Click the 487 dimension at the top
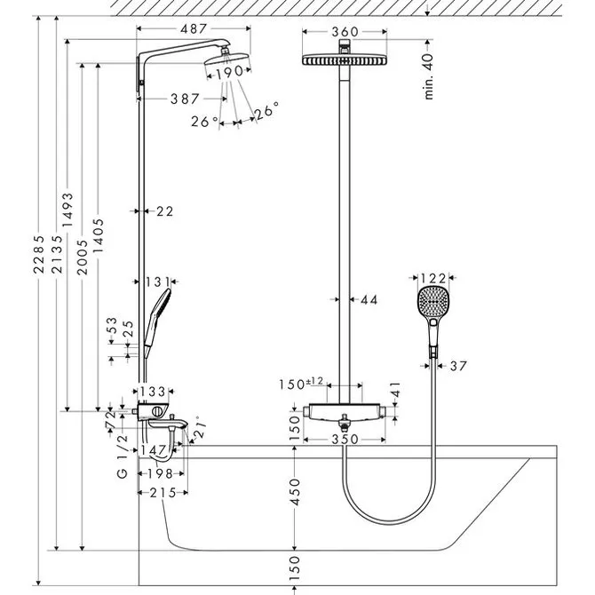[194, 28]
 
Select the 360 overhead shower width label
[345, 32]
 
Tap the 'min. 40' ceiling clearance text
[428, 76]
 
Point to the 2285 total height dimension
[39, 254]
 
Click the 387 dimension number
[185, 99]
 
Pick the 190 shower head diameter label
[230, 72]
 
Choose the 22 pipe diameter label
[165, 211]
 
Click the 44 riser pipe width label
[369, 300]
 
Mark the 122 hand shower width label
[433, 279]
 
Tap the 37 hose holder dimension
[458, 366]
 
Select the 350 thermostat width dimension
[345, 440]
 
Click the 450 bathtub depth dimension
[295, 492]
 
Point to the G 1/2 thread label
[123, 456]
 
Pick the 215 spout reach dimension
[163, 493]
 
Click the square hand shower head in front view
[433, 304]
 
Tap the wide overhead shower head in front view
[345, 60]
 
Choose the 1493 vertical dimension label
[67, 210]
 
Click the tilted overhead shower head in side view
[226, 59]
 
